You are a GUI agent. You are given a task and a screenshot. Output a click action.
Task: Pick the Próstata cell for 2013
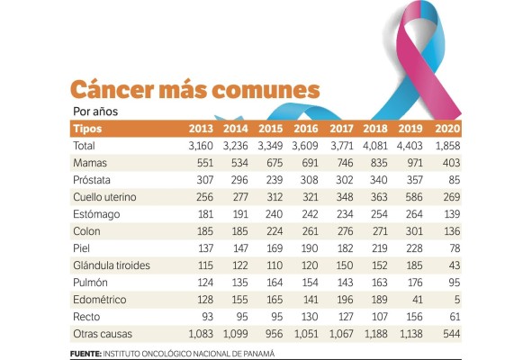point(199,179)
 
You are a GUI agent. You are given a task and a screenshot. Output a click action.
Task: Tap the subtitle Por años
point(95,112)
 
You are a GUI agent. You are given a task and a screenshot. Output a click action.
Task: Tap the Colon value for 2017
point(343,230)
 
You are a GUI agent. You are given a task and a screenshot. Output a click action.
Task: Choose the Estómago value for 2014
point(236,214)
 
